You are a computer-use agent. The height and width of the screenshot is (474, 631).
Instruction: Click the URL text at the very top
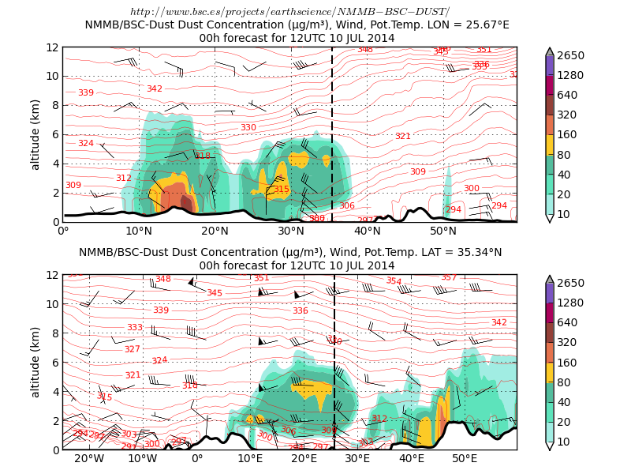289,11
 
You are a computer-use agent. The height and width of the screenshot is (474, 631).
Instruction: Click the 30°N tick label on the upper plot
291,231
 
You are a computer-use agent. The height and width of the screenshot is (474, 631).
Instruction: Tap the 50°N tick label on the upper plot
443,231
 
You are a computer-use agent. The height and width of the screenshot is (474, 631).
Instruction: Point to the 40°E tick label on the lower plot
411,459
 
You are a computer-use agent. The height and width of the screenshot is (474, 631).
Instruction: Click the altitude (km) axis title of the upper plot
35,134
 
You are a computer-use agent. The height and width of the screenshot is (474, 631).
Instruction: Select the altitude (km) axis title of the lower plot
35,362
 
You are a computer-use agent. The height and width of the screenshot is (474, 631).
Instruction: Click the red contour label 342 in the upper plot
155,88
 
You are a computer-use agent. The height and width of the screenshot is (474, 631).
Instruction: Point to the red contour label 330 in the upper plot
248,127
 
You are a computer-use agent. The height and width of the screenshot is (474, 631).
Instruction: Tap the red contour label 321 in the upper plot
402,137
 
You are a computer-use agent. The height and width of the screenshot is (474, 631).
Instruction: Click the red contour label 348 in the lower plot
162,279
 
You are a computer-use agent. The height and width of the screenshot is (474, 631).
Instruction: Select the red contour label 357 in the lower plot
448,277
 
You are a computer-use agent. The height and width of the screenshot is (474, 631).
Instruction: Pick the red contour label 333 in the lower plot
135,327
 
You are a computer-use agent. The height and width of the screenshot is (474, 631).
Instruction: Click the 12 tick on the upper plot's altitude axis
52,47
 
